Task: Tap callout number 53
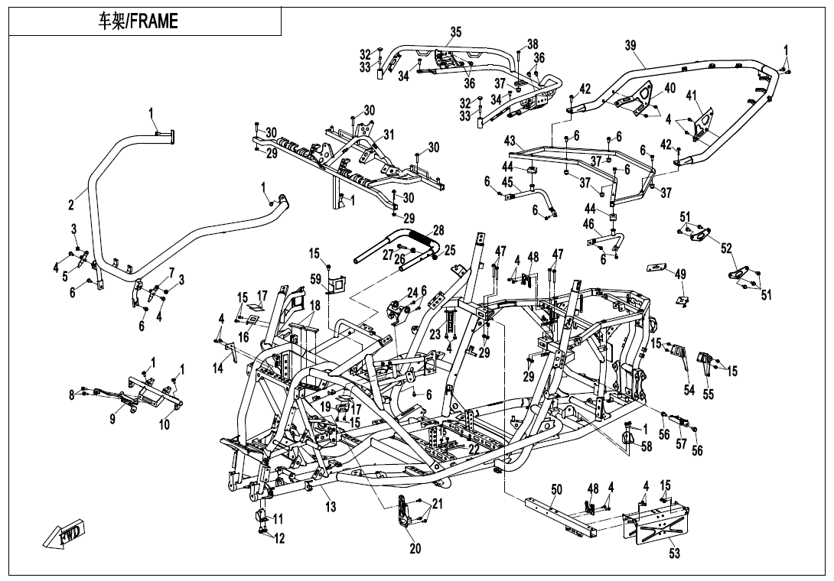pyautogui.click(x=674, y=553)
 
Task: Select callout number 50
pyautogui.click(x=556, y=489)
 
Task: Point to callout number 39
pyautogui.click(x=630, y=46)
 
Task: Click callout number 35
pyautogui.click(x=456, y=31)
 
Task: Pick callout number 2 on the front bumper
pyautogui.click(x=70, y=205)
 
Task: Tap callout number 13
pyautogui.click(x=331, y=507)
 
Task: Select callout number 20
pyautogui.click(x=415, y=547)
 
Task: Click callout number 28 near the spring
pyautogui.click(x=438, y=230)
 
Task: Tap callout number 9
pyautogui.click(x=113, y=419)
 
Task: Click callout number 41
pyautogui.click(x=691, y=96)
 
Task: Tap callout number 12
pyautogui.click(x=279, y=539)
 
